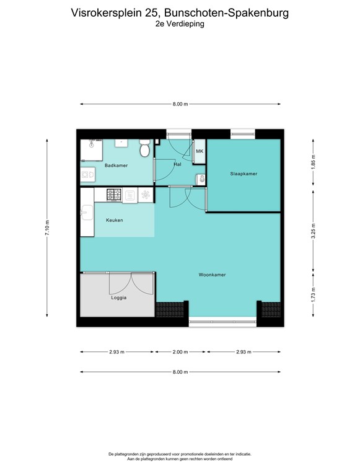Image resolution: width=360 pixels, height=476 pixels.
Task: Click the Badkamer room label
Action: (x=116, y=165)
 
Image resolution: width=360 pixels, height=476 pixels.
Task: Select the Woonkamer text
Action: (x=212, y=275)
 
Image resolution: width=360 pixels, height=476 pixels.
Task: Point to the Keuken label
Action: (x=115, y=220)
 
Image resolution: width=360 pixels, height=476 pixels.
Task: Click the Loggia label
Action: (x=119, y=297)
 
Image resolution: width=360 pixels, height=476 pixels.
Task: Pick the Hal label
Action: (x=177, y=164)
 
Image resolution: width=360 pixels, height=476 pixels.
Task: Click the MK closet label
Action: (x=200, y=151)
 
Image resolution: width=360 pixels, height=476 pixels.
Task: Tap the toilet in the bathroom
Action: (x=144, y=149)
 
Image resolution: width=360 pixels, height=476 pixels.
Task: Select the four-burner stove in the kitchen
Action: (x=114, y=195)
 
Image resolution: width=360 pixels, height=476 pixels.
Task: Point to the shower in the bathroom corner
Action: (x=92, y=149)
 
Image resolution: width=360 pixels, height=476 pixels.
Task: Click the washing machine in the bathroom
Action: (x=87, y=176)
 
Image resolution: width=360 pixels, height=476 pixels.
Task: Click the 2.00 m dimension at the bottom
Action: (x=180, y=352)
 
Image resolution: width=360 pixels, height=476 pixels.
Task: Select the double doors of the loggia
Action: (x=130, y=284)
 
